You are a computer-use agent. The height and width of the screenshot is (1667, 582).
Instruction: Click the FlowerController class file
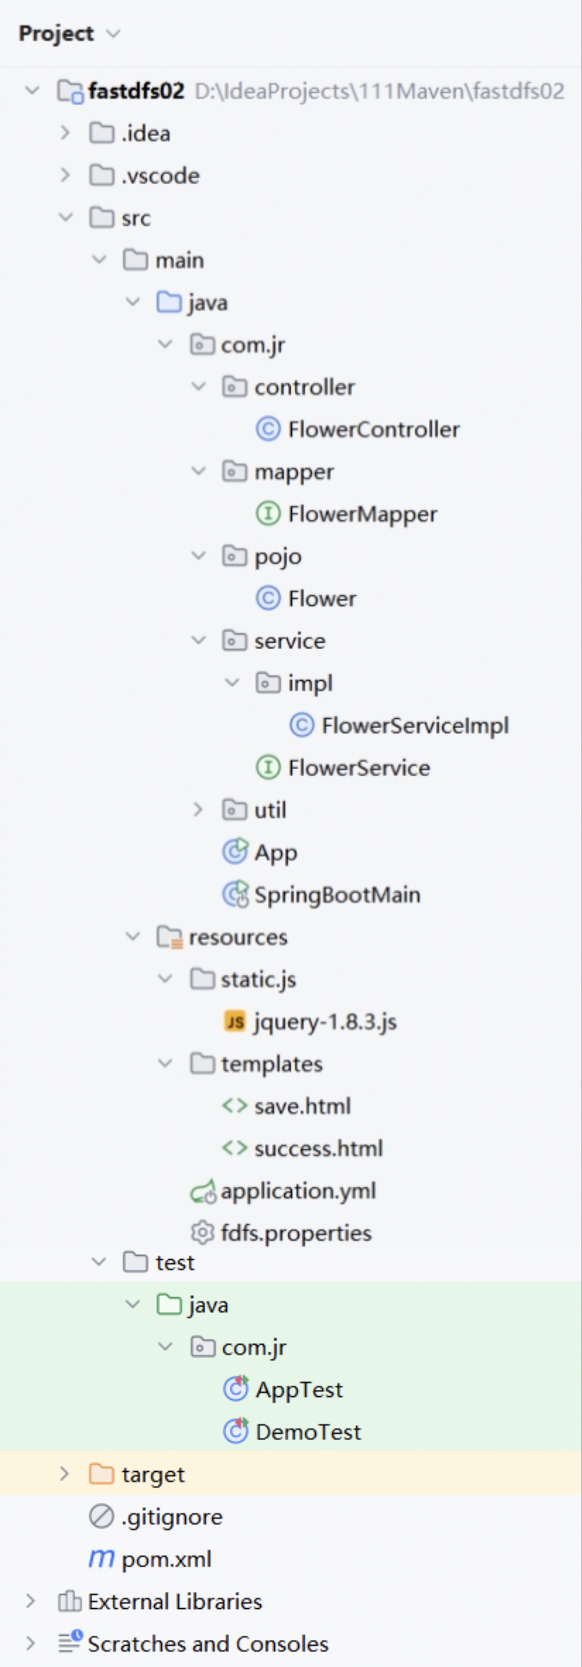(373, 429)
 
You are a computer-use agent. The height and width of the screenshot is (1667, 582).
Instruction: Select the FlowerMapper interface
(362, 514)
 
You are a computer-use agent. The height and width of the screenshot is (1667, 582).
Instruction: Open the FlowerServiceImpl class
(414, 725)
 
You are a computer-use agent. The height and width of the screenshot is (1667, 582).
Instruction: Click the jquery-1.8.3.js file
(325, 1022)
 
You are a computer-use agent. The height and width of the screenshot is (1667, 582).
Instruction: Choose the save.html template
(302, 1106)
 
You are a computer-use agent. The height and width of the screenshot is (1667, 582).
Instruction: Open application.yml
(298, 1191)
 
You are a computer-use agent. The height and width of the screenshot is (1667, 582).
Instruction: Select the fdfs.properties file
(296, 1233)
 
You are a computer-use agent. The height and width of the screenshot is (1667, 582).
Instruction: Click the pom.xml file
(166, 1559)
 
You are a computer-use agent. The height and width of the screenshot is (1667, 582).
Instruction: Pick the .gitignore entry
(171, 1517)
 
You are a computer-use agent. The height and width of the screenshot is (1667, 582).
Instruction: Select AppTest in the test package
(299, 1389)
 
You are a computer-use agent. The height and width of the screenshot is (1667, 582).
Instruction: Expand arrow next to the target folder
(64, 1474)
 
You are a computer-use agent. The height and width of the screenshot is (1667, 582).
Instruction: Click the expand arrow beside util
(198, 810)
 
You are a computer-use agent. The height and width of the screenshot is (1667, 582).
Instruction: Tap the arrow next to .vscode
(65, 176)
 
